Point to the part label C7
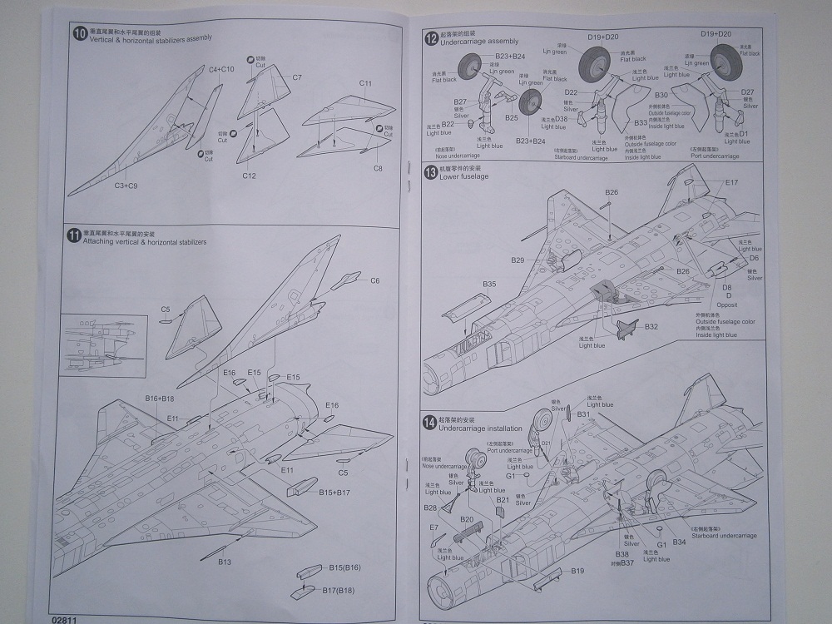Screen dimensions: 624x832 pos(297,77)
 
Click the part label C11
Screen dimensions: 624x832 pos(365,83)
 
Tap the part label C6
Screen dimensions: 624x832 pos(374,280)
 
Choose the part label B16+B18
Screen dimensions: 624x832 pos(159,399)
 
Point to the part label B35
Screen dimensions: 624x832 pos(489,284)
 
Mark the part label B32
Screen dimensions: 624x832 pos(651,326)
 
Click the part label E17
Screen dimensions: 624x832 pos(731,182)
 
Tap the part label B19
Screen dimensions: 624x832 pos(578,571)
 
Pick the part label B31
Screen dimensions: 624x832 pos(583,414)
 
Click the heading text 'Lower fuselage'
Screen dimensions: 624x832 pos(464,177)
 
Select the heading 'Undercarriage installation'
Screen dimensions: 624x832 pos(480,428)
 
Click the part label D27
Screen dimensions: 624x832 pos(746,92)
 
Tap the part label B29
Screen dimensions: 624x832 pos(518,260)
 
